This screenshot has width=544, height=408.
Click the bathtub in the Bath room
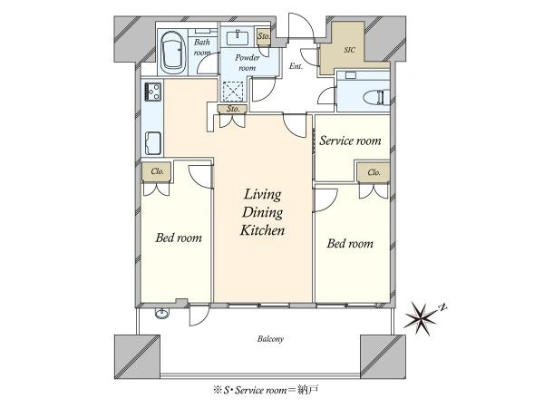173,53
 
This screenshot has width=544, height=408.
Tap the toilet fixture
375,97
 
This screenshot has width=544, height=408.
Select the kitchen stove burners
153,92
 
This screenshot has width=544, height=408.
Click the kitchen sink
153,143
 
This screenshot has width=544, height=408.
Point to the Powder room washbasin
238,37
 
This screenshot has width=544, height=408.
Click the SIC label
349,50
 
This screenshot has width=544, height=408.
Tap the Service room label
350,141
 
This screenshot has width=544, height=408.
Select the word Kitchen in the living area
262,230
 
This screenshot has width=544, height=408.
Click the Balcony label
270,339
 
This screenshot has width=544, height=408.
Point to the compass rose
423,316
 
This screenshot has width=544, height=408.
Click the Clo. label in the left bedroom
157,171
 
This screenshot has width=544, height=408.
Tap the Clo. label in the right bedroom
374,172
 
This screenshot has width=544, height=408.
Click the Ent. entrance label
296,66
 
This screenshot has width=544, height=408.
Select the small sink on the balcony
162,314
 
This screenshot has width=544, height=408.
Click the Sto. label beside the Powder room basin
264,35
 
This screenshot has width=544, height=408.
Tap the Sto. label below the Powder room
233,109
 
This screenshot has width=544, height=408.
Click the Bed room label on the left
179,238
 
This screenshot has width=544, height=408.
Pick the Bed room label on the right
350,244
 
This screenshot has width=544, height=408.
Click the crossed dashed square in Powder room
234,92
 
